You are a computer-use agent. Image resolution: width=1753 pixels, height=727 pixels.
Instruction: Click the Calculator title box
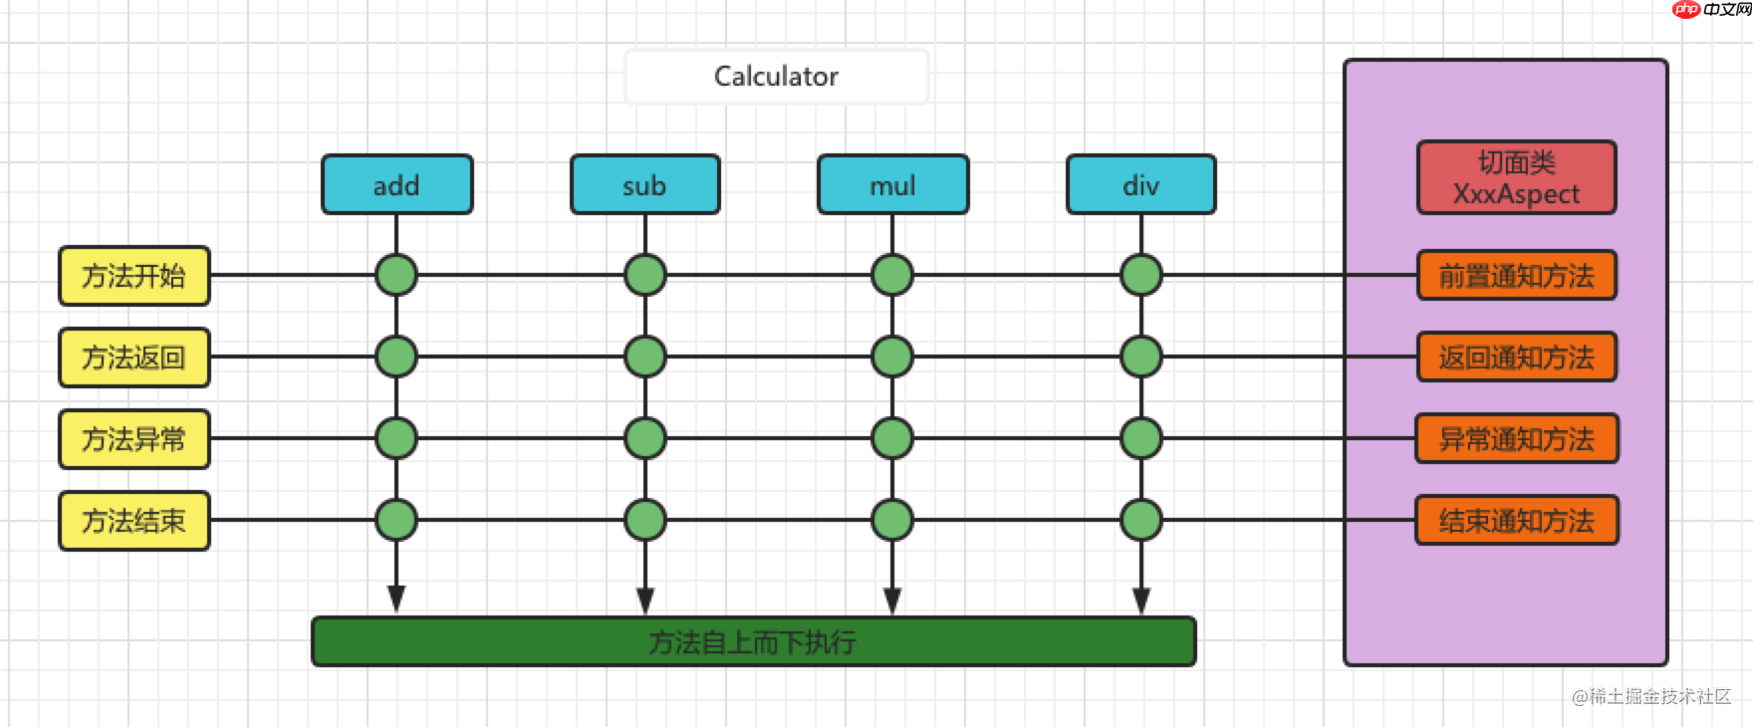pos(776,77)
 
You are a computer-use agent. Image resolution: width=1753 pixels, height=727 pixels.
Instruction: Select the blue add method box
pos(396,184)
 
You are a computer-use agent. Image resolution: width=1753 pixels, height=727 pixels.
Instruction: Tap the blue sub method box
pos(644,184)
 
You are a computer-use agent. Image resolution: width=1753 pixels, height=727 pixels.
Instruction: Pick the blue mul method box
pos(892,184)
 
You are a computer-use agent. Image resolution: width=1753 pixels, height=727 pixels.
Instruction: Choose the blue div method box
pos(1140,184)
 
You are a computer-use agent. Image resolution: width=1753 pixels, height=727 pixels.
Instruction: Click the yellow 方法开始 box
pos(134,276)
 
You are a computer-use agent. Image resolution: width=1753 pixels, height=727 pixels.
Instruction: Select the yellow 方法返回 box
pos(134,358)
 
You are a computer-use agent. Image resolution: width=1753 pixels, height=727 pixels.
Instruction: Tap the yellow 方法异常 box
pos(134,439)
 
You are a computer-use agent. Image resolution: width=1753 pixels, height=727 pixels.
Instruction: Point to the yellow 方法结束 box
pos(134,521)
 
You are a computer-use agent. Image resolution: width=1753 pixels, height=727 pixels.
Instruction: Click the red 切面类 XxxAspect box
pos(1516,177)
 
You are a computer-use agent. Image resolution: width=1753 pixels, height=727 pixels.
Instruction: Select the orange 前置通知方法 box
pos(1516,276)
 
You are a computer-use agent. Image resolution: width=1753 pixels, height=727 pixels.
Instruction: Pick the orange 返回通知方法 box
pos(1516,358)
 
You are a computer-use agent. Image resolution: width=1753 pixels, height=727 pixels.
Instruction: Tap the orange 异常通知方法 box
pos(1516,439)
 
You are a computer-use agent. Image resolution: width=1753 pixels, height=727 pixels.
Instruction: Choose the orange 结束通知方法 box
pos(1516,521)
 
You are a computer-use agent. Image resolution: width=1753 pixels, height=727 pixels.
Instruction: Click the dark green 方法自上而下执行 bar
pos(753,642)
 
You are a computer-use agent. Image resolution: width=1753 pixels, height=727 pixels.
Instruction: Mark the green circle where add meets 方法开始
pos(396,275)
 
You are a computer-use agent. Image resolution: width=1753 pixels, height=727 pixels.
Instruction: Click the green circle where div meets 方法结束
pos(1141,520)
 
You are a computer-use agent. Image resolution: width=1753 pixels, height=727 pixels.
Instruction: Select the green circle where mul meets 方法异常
pos(892,438)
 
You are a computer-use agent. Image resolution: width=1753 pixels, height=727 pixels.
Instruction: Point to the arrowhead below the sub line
pos(645,601)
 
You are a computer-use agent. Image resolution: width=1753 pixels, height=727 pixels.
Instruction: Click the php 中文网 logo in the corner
pos(1710,9)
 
